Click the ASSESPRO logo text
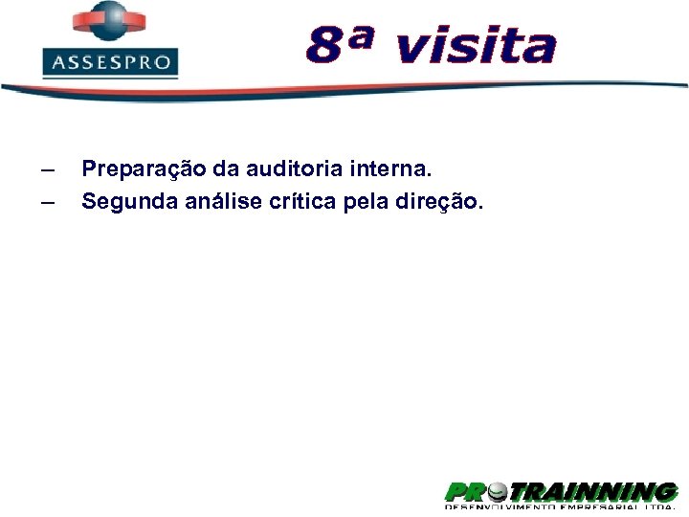pos(111,64)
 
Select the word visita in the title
pos(475,45)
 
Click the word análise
pos(213,202)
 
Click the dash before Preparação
pos(48,171)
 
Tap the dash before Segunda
pos(48,203)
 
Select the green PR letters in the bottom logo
pos(467,493)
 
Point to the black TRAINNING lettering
pos(593,493)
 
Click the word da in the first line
pos(226,169)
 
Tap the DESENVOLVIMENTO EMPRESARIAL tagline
pos(560,511)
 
